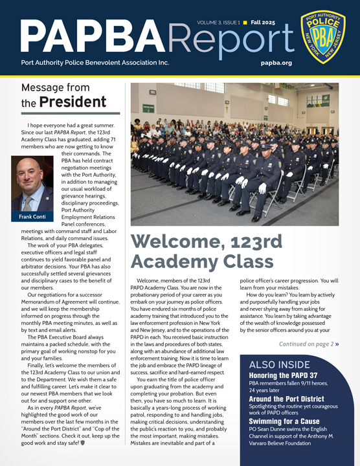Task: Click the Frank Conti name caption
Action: click(32, 217)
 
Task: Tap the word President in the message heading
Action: click(72, 102)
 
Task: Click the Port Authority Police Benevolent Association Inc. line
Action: click(95, 63)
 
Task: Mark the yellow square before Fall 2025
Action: click(245, 23)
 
